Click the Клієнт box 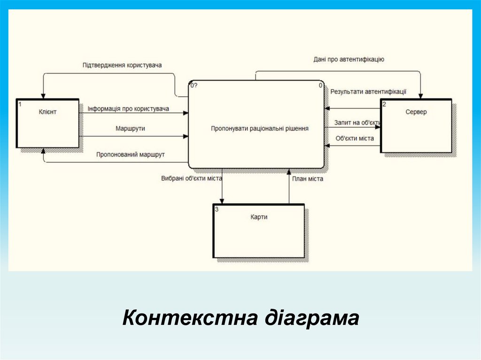(47, 123)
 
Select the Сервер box (416, 125)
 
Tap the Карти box (259, 230)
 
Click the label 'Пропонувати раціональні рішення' (260, 128)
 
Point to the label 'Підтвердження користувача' (122, 65)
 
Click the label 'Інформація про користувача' (128, 109)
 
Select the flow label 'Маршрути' (130, 128)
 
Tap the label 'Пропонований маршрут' (131, 154)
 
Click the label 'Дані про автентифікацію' (349, 60)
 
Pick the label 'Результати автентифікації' (368, 92)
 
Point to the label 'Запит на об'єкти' (357, 123)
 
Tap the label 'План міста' (308, 178)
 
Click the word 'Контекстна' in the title (190, 318)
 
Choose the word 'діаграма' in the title (311, 318)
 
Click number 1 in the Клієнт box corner (20, 104)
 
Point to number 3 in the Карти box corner (216, 209)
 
